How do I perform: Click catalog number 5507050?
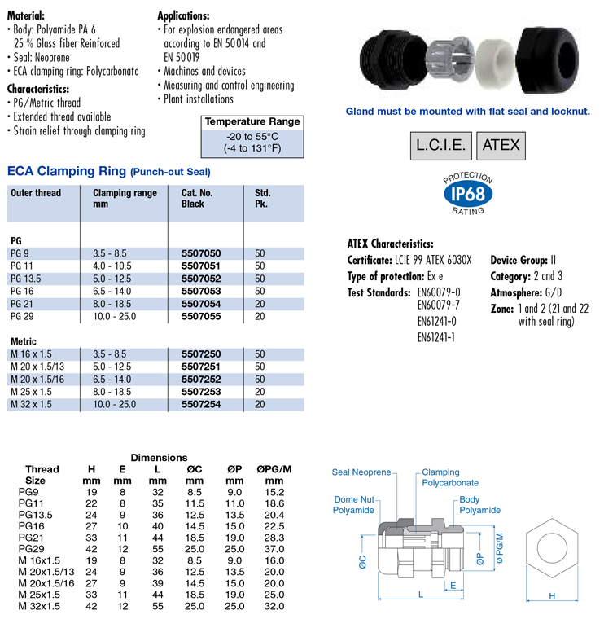pos(200,253)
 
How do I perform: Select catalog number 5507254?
pos(200,405)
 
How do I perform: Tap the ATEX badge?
pos(500,146)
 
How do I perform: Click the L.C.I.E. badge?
pos(440,146)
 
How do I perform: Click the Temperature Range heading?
pos(252,122)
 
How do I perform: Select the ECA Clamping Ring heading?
pos(66,172)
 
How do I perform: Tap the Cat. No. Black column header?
pos(198,199)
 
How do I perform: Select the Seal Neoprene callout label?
pos(361,472)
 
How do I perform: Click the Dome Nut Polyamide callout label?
pos(353,504)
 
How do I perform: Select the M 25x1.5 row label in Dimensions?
pos(37,595)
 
